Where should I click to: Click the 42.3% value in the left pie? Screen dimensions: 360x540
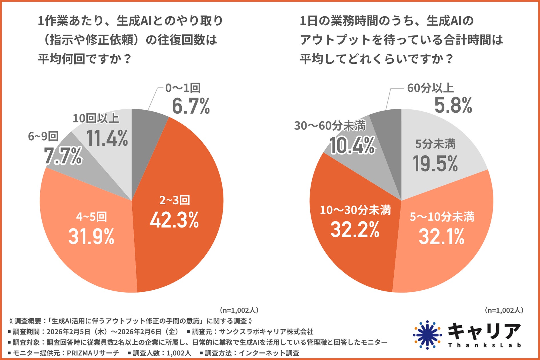tap(174, 220)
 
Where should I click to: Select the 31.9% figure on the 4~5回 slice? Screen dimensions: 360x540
tap(91, 237)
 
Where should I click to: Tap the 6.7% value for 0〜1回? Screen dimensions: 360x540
tap(191, 106)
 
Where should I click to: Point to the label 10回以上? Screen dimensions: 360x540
tap(96, 118)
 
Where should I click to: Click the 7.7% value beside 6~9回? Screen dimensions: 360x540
tap(63, 156)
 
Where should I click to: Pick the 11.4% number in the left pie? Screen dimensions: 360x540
tap(107, 139)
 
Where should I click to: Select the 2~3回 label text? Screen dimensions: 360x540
tap(175, 200)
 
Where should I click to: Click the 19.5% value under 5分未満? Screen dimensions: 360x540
tap(435, 164)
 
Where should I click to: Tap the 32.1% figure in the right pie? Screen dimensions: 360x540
tap(441, 237)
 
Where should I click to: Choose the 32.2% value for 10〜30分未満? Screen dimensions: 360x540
tap(355, 230)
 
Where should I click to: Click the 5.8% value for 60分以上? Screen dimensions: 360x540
tap(453, 105)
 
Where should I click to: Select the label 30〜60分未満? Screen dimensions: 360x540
tap(330, 126)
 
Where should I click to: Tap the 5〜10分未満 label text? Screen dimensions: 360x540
tap(442, 217)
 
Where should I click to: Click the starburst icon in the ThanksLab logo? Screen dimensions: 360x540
tap(427, 335)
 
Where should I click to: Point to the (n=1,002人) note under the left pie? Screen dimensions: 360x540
tap(239, 310)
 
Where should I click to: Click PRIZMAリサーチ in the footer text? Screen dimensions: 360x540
tap(93, 353)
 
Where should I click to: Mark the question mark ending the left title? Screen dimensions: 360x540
tap(128, 59)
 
